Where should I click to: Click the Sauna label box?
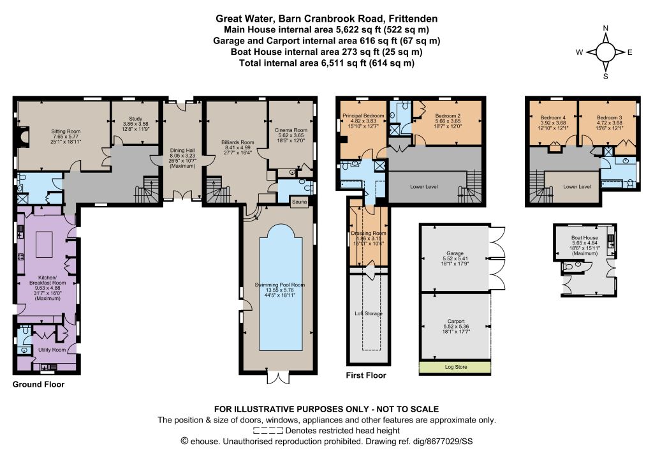click(300, 202)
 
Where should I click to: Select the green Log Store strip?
click(455, 367)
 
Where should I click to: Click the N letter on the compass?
click(606, 28)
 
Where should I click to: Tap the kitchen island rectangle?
click(44, 245)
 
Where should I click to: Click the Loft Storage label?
click(368, 313)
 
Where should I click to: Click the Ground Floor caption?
click(38, 384)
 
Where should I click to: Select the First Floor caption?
click(366, 375)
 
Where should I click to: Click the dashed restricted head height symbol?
click(268, 431)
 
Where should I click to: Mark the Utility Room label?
click(52, 350)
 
